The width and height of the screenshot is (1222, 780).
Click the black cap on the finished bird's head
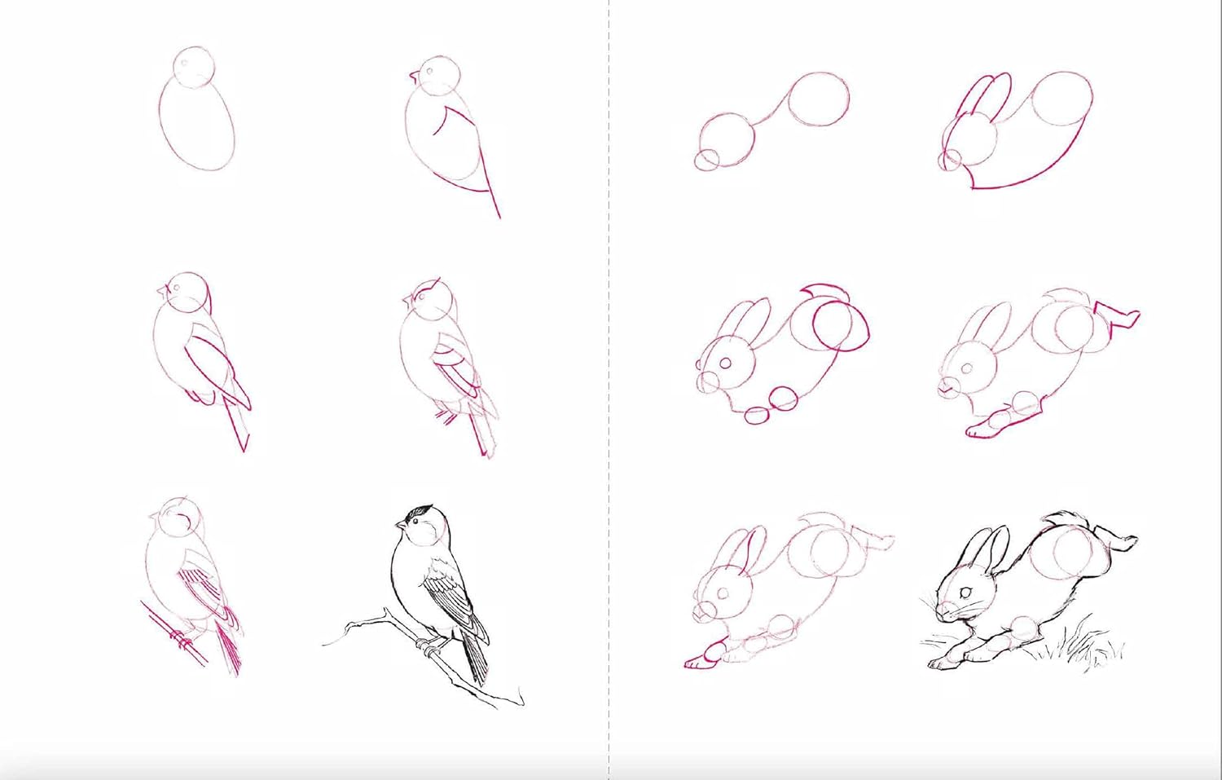coord(419,513)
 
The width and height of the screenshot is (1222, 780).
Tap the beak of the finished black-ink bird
coord(399,524)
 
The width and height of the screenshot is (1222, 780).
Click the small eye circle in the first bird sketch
coord(185,62)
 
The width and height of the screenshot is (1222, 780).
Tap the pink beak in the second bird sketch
coord(414,77)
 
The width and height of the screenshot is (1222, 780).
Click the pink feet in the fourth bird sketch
coord(446,418)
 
